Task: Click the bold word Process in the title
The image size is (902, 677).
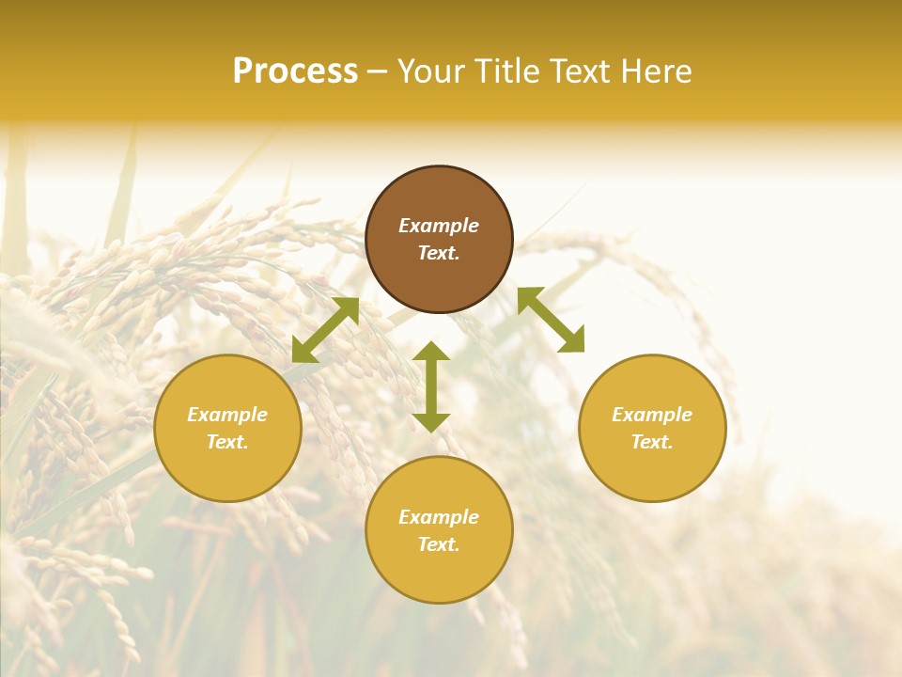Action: (x=295, y=71)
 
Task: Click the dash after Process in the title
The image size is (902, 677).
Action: (x=378, y=73)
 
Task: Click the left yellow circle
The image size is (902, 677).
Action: (x=227, y=428)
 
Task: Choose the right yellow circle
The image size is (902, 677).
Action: (x=652, y=428)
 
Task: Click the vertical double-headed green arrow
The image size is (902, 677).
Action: (x=431, y=386)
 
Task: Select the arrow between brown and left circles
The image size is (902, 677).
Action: (x=325, y=330)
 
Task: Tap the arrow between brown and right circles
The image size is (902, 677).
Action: (x=551, y=320)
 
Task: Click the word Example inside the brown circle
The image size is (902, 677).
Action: (x=439, y=226)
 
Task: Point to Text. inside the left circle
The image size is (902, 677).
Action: (x=227, y=442)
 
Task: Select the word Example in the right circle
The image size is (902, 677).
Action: (x=652, y=415)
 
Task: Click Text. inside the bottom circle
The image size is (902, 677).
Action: (x=439, y=544)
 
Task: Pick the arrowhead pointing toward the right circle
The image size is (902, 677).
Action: (x=572, y=341)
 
